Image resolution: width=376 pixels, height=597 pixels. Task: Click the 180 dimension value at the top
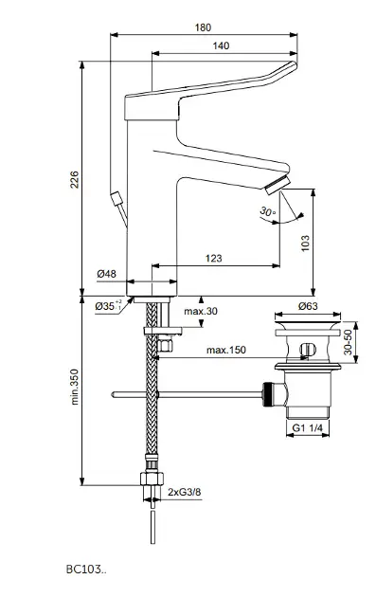(x=203, y=27)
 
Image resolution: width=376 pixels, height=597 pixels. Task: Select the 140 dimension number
(x=221, y=45)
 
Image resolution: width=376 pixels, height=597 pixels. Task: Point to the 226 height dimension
(x=75, y=179)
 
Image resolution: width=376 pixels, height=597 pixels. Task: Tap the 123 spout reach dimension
(x=213, y=258)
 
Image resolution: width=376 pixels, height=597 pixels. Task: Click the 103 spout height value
(x=305, y=243)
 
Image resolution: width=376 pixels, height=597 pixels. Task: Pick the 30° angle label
(x=268, y=211)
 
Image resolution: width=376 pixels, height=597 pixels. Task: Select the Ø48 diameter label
(x=107, y=273)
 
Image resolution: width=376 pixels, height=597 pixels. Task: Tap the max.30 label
(x=201, y=311)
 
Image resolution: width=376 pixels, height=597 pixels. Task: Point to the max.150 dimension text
(x=226, y=350)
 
